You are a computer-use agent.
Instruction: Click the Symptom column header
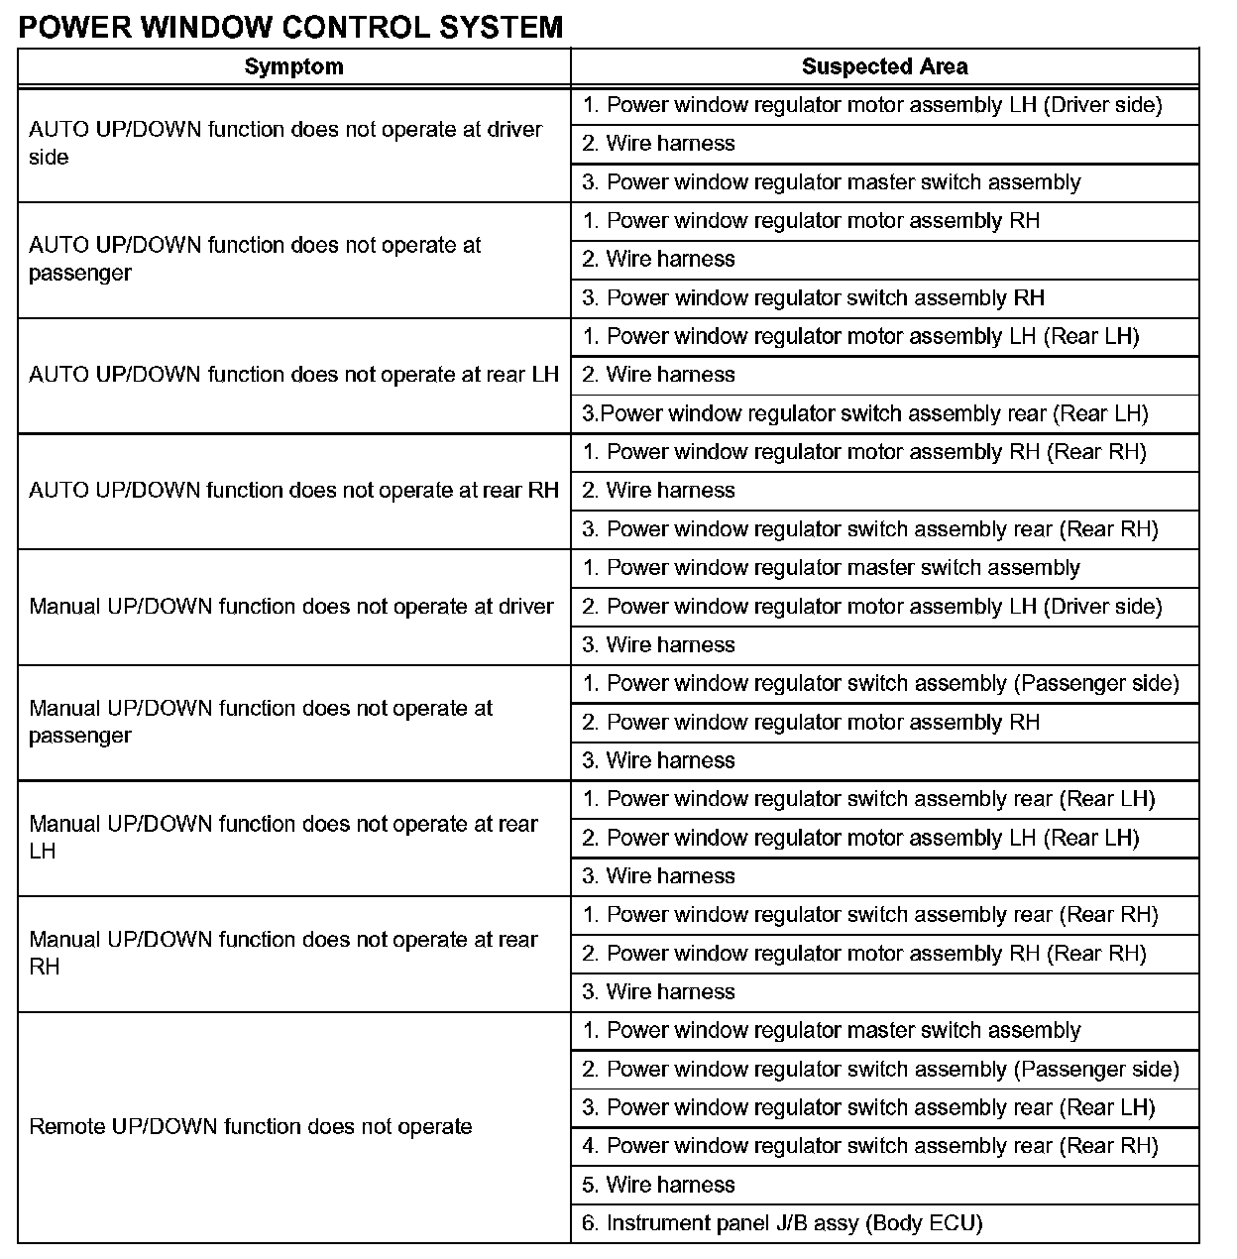tap(293, 67)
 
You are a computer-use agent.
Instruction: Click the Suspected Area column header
tap(884, 67)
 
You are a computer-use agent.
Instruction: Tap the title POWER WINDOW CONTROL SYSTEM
tap(290, 27)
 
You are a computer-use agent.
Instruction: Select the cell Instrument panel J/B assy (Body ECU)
tap(781, 1223)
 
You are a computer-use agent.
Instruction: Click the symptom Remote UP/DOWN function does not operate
tap(250, 1127)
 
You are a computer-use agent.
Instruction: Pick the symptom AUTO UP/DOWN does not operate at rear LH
tap(293, 375)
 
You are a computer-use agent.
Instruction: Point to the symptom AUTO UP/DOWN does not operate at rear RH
tap(293, 491)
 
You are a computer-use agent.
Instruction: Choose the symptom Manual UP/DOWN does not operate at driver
tap(290, 607)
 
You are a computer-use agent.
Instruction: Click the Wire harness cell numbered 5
tap(658, 1185)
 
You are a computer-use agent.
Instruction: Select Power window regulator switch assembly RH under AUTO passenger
tap(813, 298)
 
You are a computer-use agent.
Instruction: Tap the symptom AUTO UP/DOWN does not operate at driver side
tap(284, 144)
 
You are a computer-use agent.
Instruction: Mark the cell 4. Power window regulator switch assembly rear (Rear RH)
tap(869, 1146)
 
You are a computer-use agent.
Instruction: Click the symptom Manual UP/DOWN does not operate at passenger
tap(260, 722)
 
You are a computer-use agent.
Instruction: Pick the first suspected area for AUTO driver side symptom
tap(871, 105)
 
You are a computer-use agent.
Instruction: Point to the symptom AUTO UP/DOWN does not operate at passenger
tap(255, 259)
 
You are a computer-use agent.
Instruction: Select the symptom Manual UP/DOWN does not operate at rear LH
tap(282, 838)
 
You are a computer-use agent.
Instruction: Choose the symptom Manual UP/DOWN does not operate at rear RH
tap(282, 953)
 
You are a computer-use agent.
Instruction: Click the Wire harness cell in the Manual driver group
tap(658, 645)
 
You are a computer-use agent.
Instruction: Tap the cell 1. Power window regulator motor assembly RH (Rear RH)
tap(863, 452)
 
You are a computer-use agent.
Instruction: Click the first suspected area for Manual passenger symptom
tap(880, 684)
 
